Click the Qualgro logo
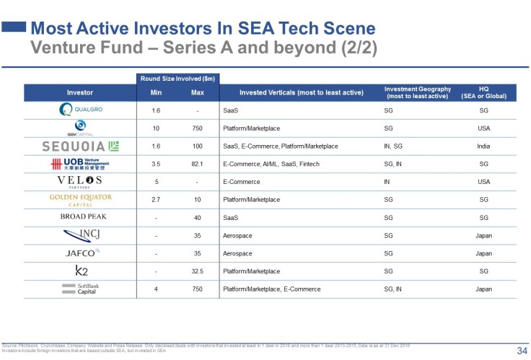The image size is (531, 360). [x=79, y=110]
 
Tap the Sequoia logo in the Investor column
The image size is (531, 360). [x=79, y=146]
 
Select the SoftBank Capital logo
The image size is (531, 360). [x=79, y=289]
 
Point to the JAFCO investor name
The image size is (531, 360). [x=79, y=253]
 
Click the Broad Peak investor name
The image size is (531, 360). [x=79, y=217]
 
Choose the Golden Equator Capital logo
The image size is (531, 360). [x=79, y=199]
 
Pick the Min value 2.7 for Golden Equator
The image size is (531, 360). [x=155, y=199]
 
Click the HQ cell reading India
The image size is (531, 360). [x=484, y=146]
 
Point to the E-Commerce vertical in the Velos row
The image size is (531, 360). [x=242, y=182]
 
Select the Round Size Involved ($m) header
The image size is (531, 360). [x=177, y=78]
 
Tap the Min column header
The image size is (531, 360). [x=155, y=92]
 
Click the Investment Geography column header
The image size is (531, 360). [x=418, y=92]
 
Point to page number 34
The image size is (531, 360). [x=521, y=351]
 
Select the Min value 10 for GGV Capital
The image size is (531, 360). [x=155, y=128]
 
